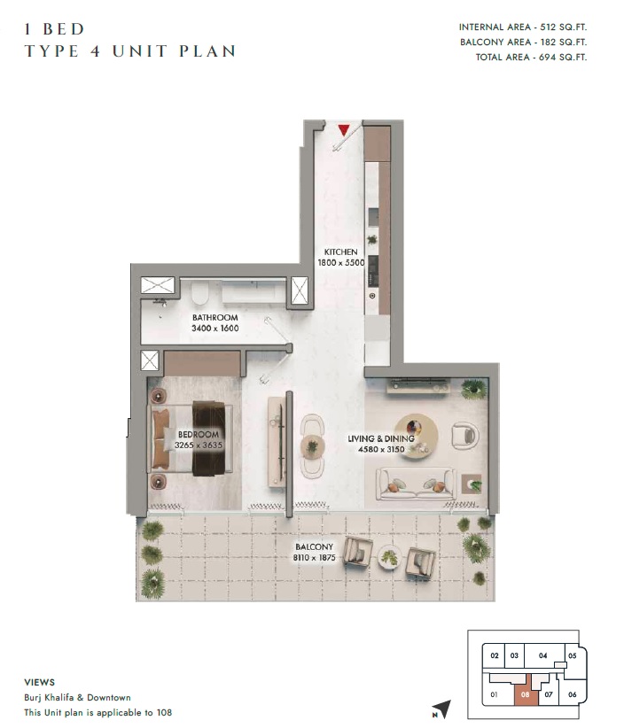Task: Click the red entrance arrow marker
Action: [x=343, y=130]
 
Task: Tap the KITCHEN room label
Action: [x=340, y=252]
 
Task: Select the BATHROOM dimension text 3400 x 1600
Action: [x=214, y=329]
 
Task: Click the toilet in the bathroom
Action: [x=200, y=291]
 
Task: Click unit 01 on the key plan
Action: [x=493, y=694]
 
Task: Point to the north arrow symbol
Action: [x=441, y=708]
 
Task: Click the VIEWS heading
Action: [x=39, y=683]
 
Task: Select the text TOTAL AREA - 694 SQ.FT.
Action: [x=522, y=57]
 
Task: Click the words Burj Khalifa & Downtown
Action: [x=77, y=698]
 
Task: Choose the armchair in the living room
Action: [x=464, y=435]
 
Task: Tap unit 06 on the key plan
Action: [x=572, y=694]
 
